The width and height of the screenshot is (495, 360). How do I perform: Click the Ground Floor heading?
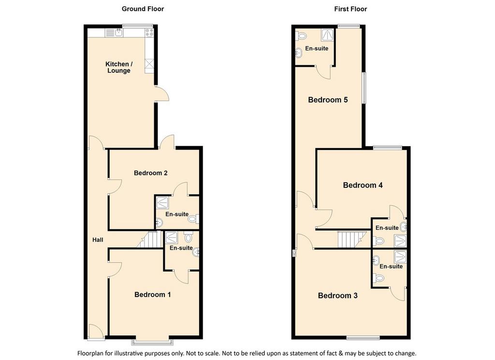143,9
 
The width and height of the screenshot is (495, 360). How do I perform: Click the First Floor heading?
350,9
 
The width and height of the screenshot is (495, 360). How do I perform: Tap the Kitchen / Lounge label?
119,67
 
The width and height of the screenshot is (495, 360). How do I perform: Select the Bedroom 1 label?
152,295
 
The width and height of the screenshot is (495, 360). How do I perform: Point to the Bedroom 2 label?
151,173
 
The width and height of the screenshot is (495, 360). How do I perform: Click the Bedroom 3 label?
337,296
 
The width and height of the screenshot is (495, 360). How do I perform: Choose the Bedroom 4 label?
363,185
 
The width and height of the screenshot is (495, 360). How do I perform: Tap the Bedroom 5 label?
328,100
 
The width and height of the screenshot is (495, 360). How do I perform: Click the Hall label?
98,240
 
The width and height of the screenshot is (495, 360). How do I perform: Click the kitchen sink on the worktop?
119,32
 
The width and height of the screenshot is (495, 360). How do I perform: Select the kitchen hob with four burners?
149,32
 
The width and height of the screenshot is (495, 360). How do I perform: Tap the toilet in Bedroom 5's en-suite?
301,36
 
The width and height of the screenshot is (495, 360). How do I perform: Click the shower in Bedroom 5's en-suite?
327,35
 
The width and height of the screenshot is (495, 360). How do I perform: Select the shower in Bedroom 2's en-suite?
162,203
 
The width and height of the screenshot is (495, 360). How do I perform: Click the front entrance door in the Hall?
96,332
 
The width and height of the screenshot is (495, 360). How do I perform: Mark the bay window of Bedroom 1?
153,342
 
